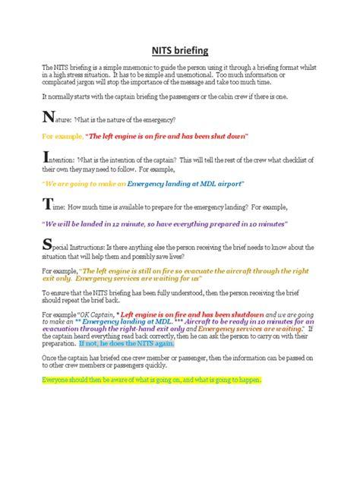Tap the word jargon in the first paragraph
(x=87, y=84)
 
